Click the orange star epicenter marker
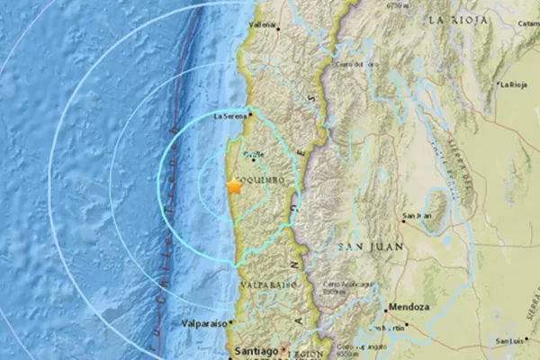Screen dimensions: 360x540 tap(234, 186)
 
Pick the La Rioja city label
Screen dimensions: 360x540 tap(515, 85)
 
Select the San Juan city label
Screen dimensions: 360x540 tap(418, 216)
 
